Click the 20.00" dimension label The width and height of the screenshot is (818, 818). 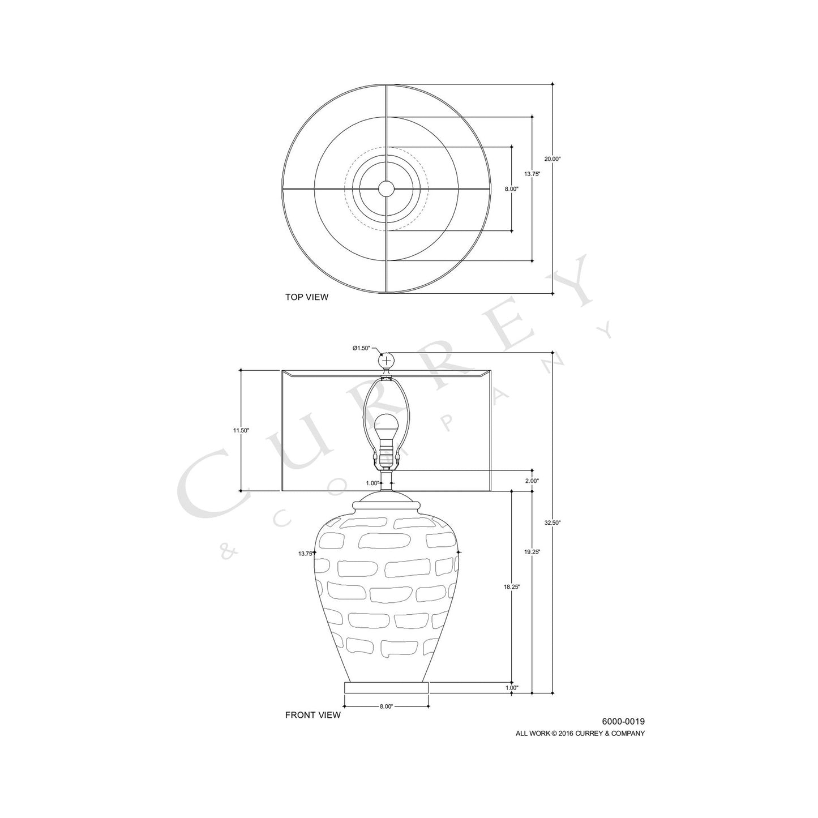(552, 160)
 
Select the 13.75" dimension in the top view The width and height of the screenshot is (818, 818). (532, 174)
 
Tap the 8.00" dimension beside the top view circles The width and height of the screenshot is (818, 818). (511, 189)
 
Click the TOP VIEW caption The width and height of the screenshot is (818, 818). (306, 297)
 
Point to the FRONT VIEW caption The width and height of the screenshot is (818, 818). (312, 715)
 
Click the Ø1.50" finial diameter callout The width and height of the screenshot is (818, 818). (361, 348)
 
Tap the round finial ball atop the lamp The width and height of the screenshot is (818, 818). (386, 361)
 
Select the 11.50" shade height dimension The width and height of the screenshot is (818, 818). (241, 430)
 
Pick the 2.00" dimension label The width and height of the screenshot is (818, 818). (532, 481)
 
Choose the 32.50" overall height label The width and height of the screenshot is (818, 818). (552, 523)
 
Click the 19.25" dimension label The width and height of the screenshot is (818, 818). (532, 552)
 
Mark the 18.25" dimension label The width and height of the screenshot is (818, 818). (511, 587)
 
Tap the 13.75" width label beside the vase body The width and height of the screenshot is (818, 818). (306, 554)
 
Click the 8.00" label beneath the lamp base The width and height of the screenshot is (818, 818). (386, 706)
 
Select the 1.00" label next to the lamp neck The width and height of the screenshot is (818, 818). (372, 483)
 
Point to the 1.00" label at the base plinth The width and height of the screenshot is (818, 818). (511, 688)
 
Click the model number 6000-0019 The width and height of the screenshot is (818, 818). (623, 721)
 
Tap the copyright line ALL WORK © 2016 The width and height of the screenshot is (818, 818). (580, 734)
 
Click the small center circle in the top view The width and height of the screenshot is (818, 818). (386, 189)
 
